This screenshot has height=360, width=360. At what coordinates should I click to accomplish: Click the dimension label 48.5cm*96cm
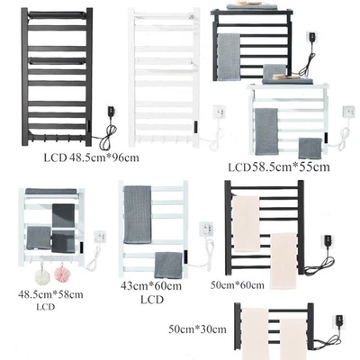(x=104, y=157)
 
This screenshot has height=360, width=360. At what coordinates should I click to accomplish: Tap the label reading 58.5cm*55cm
(x=291, y=167)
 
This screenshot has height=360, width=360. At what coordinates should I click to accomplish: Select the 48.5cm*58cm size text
(x=50, y=294)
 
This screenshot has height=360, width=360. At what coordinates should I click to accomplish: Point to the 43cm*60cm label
(x=151, y=286)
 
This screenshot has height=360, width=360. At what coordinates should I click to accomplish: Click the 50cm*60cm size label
(x=238, y=285)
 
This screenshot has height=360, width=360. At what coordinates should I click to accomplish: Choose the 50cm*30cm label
(x=197, y=329)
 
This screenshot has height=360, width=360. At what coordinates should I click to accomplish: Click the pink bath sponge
(x=61, y=274)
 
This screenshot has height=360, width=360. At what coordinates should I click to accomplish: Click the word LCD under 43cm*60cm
(x=152, y=300)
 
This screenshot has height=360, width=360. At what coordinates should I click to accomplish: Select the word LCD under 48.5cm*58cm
(x=46, y=307)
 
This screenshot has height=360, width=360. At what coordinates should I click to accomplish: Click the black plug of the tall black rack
(x=110, y=112)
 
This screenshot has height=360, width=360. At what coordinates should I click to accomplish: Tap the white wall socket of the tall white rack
(x=220, y=112)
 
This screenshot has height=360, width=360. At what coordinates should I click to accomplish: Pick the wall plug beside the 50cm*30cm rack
(x=339, y=322)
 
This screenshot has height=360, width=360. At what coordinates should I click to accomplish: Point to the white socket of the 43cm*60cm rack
(x=206, y=229)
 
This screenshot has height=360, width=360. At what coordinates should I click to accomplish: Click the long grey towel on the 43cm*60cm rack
(x=138, y=214)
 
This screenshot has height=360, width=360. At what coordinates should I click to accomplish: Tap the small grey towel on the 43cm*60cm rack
(x=168, y=265)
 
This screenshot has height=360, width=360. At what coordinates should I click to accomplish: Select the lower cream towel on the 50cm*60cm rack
(x=283, y=261)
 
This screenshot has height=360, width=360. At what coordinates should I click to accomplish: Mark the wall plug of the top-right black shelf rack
(x=312, y=39)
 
